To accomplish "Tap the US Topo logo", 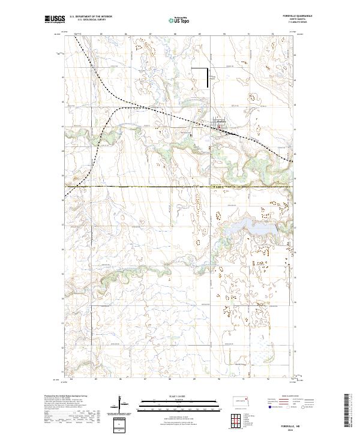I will (x=180, y=20).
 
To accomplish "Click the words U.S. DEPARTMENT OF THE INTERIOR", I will (x=91, y=16).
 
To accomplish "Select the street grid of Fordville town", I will (x=221, y=124).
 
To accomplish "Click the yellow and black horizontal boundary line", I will (x=180, y=186).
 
